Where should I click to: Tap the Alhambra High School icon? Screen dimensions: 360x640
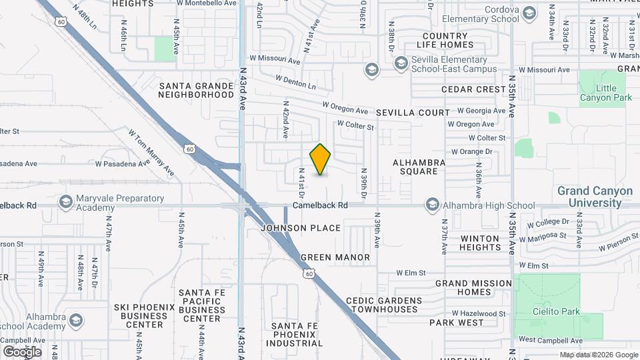432,205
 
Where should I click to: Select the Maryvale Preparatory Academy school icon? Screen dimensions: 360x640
65,201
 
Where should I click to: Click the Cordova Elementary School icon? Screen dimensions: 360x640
529,13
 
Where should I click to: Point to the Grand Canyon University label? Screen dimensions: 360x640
595,196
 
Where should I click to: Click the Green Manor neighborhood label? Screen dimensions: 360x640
335,257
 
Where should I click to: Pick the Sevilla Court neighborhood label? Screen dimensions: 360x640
413,113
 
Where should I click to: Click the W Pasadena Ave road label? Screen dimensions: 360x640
123,163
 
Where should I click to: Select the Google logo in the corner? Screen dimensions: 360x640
22,351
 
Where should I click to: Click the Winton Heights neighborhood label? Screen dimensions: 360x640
480,243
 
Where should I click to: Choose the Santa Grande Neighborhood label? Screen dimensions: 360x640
196,90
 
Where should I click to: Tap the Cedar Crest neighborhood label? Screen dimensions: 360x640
474,89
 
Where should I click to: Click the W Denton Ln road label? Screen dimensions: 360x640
292,85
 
